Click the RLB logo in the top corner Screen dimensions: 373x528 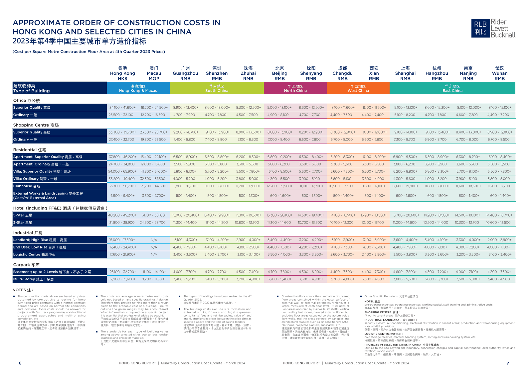tap(493, 28)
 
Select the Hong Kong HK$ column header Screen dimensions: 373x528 tap(122, 73)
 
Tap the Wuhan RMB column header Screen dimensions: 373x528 tap(499, 73)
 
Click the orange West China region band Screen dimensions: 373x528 tap(358, 88)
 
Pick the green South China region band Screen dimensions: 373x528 tap(217, 88)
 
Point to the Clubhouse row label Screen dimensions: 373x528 tap(27, 186)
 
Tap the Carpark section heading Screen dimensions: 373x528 tap(26, 265)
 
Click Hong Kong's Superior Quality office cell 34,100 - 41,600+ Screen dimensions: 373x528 tap(122, 108)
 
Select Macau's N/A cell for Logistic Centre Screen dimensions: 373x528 tap(154, 255)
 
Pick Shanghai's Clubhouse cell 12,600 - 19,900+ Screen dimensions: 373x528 tap(405, 186)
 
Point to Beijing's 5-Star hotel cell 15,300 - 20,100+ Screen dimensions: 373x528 tap(279, 215)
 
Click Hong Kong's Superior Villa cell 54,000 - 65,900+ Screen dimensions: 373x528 tap(122, 172)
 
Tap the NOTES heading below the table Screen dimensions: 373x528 tap(23, 290)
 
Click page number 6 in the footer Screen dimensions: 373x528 tap(20, 363)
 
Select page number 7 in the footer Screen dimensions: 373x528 tap(508, 363)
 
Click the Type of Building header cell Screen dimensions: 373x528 tap(32, 88)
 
